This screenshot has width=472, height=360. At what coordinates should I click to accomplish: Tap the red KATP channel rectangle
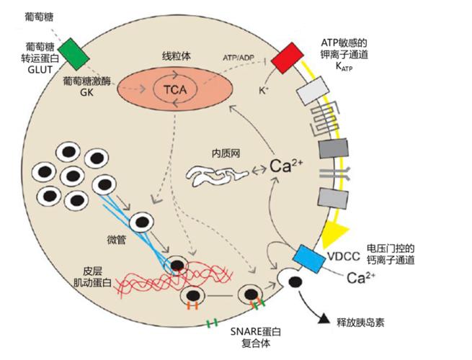[288, 58]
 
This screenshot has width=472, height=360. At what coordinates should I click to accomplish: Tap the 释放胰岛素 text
[361, 321]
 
